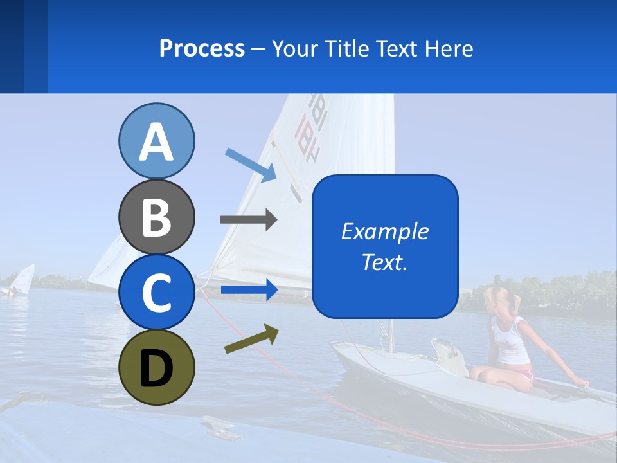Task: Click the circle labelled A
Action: click(156, 141)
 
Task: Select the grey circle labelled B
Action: click(156, 217)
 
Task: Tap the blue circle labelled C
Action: click(156, 292)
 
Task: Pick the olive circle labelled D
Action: click(156, 367)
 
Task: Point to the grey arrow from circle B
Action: click(248, 219)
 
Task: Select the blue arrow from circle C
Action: click(249, 290)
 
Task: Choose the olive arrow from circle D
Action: click(251, 339)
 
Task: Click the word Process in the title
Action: click(202, 48)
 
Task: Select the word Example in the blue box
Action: click(384, 232)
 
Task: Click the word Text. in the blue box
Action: click(384, 262)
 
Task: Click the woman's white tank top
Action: click(510, 341)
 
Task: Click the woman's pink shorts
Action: click(524, 374)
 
